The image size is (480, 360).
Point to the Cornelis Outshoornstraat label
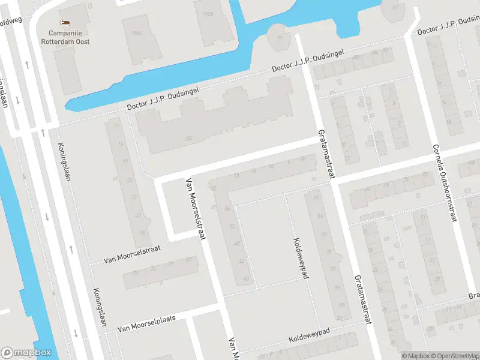(x=443, y=183)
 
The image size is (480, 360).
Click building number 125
(x=188, y=139)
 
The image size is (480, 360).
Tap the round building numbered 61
(x=394, y=7)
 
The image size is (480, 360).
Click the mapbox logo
(x=26, y=353)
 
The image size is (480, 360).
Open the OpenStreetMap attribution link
(x=454, y=356)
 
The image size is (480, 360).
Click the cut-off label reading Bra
(x=473, y=296)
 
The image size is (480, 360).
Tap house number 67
(x=189, y=260)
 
